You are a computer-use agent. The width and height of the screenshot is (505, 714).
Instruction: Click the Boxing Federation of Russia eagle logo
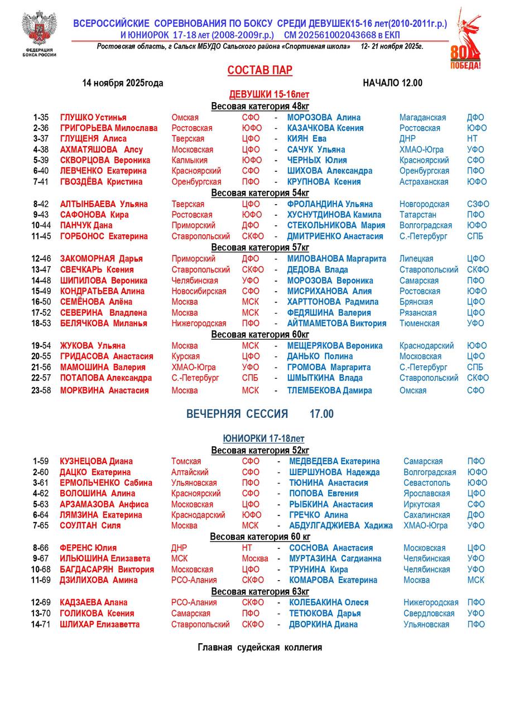[39, 29]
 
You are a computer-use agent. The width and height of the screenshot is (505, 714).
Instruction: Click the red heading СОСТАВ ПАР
[259, 70]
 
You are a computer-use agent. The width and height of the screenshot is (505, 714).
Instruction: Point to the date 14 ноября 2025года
[122, 83]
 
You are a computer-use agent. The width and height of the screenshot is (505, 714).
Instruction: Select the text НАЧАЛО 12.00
[392, 83]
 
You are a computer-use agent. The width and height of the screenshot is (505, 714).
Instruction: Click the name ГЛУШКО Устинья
[93, 118]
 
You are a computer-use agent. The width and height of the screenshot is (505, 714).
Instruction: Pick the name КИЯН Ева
[306, 139]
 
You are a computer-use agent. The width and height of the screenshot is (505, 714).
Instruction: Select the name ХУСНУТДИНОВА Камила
[334, 215]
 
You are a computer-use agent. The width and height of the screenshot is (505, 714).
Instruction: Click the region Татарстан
[418, 215]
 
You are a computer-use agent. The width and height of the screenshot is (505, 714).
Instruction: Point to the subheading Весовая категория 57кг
[260, 247]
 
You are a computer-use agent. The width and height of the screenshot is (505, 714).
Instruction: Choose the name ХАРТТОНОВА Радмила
[333, 302]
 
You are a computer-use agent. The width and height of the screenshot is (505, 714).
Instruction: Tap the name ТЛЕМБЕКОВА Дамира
[329, 390]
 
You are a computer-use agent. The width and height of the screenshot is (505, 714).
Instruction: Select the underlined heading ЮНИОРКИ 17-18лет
[263, 439]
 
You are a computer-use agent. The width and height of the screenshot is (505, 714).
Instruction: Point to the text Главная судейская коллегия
[259, 648]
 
